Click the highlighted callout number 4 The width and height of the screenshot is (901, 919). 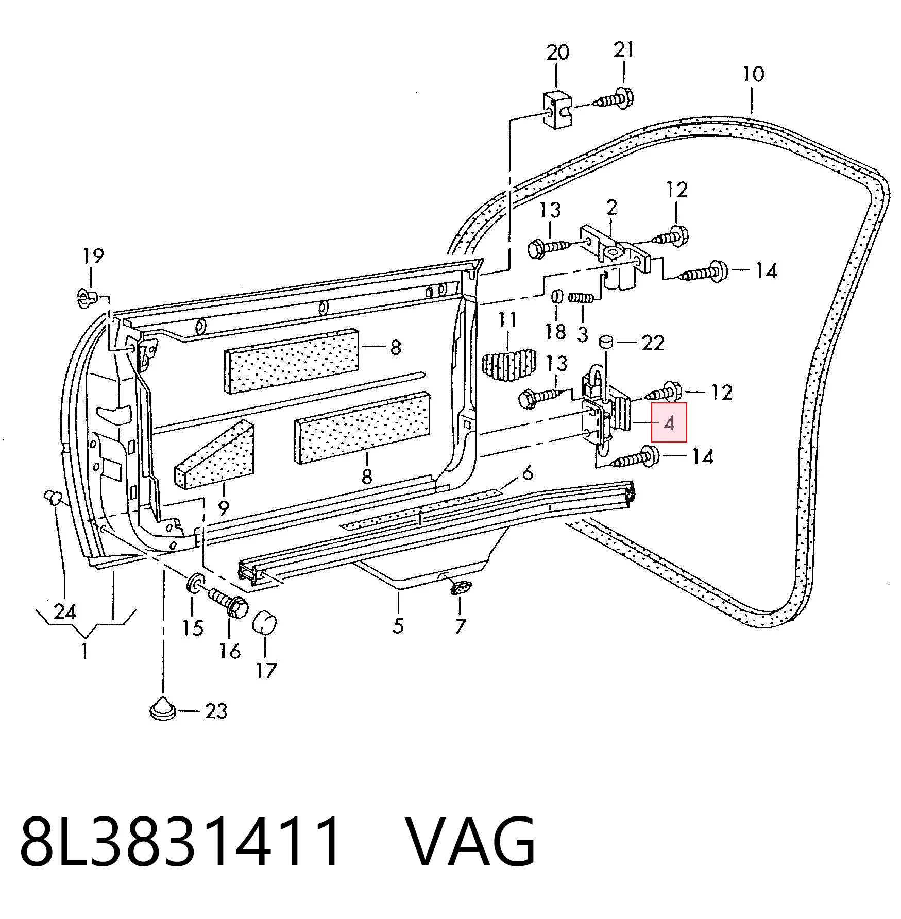(669, 423)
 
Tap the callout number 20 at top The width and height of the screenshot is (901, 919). (558, 53)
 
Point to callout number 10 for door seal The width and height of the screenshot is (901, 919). (753, 74)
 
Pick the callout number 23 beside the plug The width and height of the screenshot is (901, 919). (216, 711)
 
